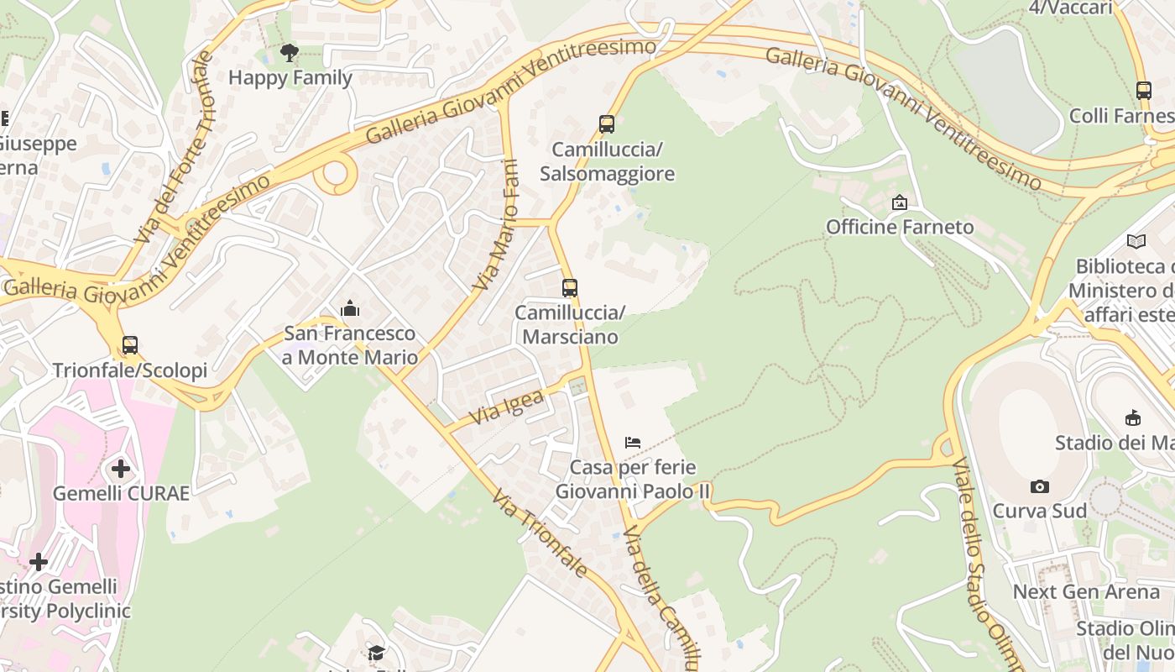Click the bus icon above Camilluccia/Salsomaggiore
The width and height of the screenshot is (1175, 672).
click(606, 124)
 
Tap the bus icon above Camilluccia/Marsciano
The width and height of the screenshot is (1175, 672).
click(570, 288)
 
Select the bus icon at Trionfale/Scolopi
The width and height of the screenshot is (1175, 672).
click(130, 345)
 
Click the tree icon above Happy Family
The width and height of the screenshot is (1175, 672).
click(290, 54)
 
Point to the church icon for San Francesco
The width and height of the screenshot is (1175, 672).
click(350, 309)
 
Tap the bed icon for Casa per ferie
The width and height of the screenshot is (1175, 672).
click(633, 443)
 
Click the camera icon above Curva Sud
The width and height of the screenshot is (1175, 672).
click(1039, 486)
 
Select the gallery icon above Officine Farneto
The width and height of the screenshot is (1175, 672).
click(900, 202)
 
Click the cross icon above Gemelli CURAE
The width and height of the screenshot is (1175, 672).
click(121, 468)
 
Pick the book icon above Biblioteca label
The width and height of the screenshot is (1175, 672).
click(1136, 242)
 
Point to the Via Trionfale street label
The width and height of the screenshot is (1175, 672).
click(540, 533)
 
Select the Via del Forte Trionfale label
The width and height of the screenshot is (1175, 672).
click(175, 147)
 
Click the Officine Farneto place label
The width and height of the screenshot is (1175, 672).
click(900, 227)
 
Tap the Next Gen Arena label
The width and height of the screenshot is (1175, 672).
click(1086, 591)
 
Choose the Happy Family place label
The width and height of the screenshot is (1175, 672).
click(290, 78)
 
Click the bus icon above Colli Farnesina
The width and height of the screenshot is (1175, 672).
click(1143, 91)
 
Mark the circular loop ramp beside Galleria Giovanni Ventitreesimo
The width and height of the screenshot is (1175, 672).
click(336, 175)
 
